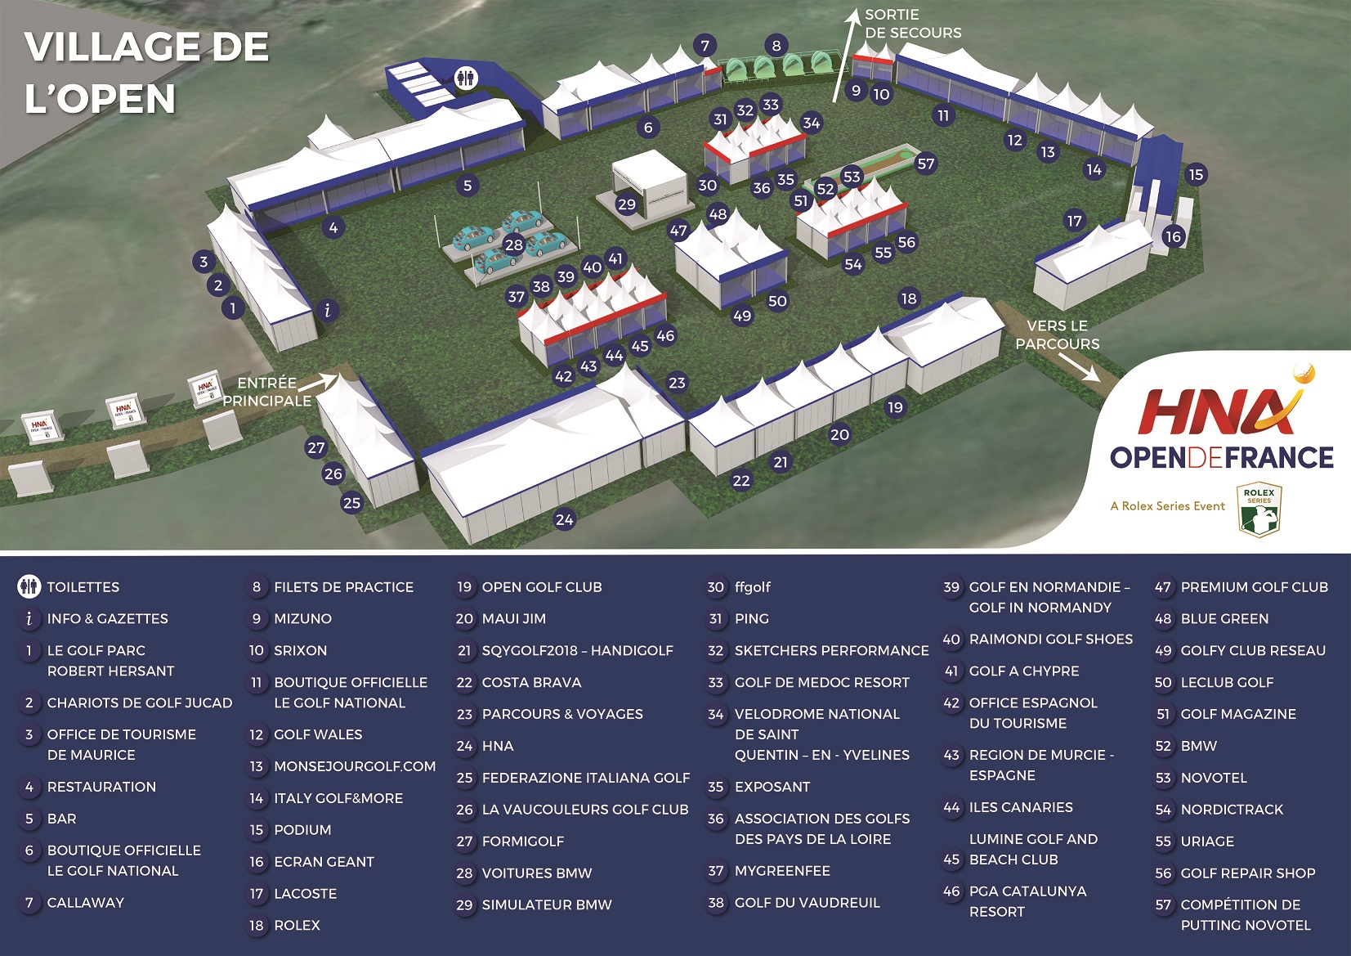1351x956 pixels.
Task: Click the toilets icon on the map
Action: point(467,78)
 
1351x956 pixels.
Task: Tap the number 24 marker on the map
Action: point(564,518)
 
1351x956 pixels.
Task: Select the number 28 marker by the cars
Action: point(513,245)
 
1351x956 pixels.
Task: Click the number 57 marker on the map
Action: point(925,164)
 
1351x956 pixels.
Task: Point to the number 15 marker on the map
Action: point(1196,174)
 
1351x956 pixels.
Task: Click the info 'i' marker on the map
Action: point(328,311)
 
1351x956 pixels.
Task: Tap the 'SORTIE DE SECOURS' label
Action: point(912,24)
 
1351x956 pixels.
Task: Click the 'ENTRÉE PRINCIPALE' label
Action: point(266,392)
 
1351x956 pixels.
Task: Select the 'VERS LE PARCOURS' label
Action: point(1057,334)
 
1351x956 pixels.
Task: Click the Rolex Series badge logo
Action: point(1259,509)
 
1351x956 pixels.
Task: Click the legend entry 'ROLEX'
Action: point(297,925)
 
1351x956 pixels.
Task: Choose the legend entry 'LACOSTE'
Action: point(305,893)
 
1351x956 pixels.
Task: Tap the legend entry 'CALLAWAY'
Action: point(85,902)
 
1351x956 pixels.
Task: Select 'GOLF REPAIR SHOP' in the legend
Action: point(1247,873)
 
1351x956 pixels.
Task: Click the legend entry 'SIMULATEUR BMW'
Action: point(546,904)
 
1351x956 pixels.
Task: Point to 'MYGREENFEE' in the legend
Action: point(781,871)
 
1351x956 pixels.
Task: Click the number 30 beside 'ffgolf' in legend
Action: point(716,587)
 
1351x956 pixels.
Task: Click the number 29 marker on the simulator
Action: point(626,204)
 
